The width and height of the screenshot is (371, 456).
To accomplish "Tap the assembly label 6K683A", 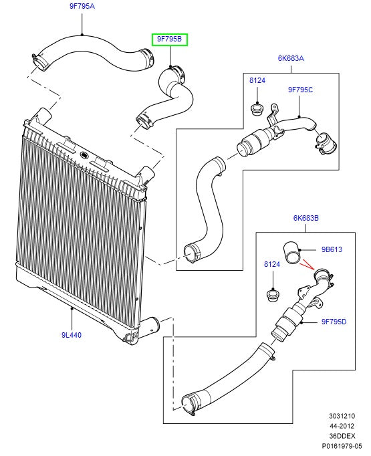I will tap(291, 58).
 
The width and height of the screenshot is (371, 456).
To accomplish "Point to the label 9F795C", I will tap(300, 89).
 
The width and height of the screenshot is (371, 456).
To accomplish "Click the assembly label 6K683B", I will tap(305, 217).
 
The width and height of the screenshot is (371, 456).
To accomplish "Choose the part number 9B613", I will tap(332, 249).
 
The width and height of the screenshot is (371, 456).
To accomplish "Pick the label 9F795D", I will tap(334, 322).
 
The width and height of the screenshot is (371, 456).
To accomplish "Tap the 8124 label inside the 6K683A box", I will tap(257, 80).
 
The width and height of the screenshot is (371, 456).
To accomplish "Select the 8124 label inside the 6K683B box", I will tap(271, 264).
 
